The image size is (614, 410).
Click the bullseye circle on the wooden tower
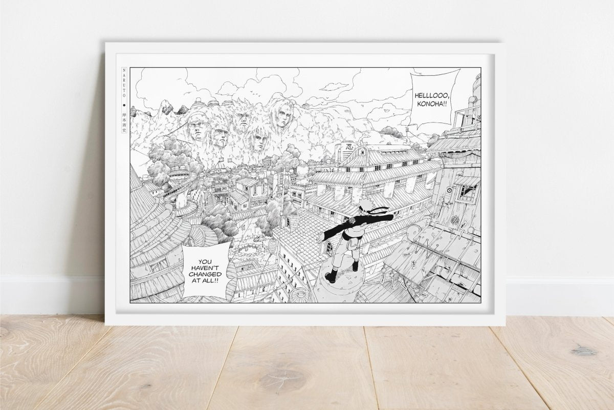[449, 190]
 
